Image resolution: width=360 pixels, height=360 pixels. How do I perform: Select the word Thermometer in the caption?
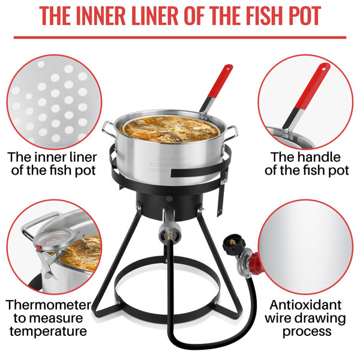49,305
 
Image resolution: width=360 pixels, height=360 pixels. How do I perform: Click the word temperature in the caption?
49,331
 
